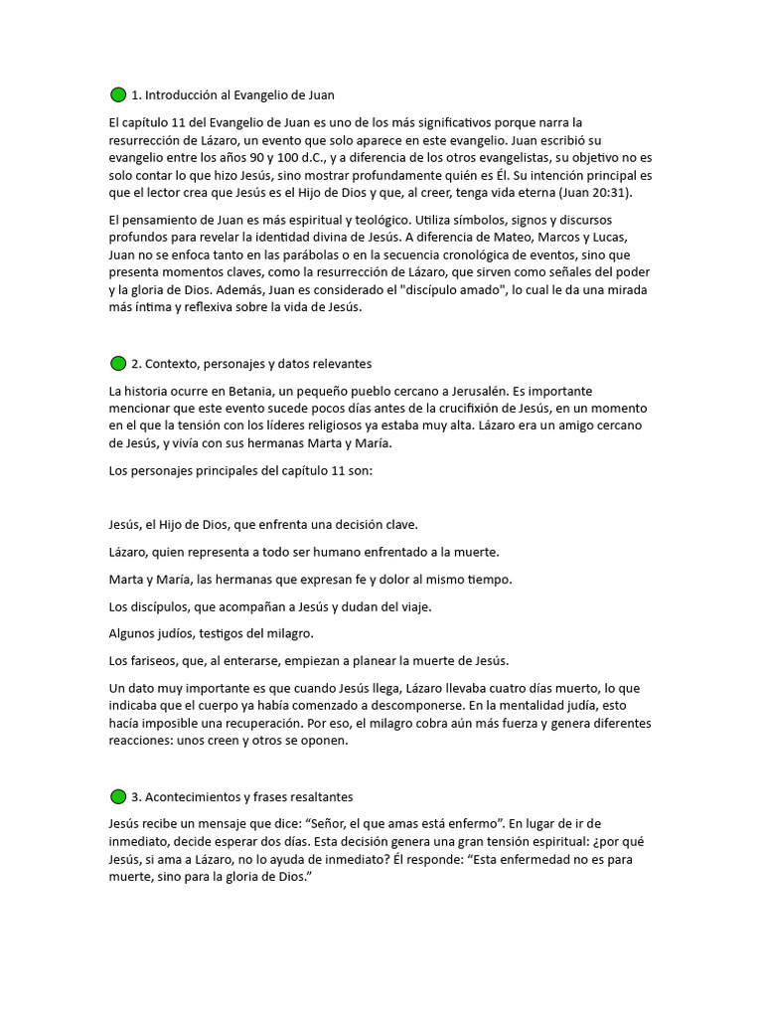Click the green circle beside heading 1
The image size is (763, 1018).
(x=118, y=95)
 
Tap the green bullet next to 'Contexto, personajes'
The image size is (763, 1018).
(x=118, y=364)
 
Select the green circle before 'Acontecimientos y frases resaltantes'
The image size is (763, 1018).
(x=118, y=797)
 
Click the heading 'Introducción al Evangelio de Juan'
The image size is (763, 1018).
(x=239, y=95)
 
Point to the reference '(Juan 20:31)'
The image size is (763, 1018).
(x=594, y=192)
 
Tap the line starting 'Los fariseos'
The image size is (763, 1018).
(x=308, y=660)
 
